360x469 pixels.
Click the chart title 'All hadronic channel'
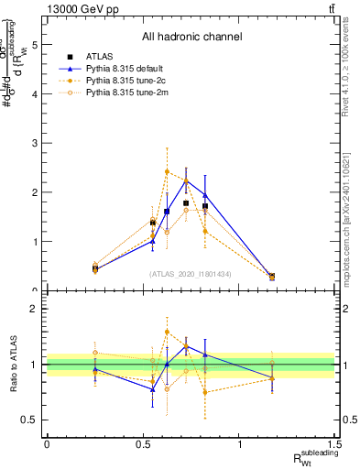click(x=191, y=37)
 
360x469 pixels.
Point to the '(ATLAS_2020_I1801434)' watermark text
click(x=191, y=273)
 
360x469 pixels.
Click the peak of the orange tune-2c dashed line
click(x=167, y=171)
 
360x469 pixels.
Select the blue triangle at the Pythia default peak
click(x=186, y=180)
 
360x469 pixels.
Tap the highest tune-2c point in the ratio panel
click(x=167, y=332)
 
